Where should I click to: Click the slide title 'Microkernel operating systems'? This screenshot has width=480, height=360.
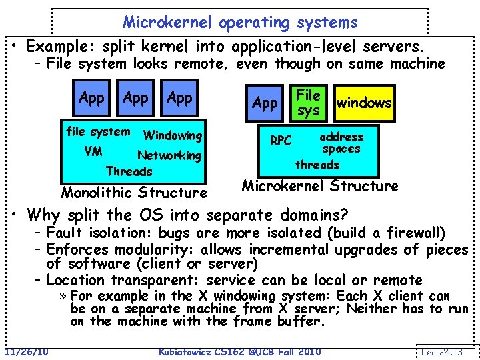point(241,22)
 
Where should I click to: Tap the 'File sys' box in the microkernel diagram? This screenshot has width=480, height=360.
point(308,102)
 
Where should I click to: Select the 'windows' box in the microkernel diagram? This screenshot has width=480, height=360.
point(364,103)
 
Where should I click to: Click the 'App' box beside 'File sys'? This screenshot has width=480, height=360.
point(265,103)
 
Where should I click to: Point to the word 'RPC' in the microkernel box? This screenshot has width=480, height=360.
point(281,141)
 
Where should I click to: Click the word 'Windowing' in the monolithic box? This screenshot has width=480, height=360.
point(173,135)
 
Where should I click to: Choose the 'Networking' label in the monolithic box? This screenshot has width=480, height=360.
point(169,155)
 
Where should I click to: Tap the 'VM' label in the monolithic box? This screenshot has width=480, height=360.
point(93,151)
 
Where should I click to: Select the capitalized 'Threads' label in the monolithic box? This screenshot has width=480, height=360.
point(129,171)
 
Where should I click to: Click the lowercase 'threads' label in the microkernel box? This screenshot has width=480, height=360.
point(317,165)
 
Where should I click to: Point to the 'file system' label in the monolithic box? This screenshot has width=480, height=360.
point(98,131)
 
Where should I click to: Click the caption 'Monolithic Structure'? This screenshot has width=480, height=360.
point(134,193)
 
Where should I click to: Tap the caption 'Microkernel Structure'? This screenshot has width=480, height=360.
point(320,186)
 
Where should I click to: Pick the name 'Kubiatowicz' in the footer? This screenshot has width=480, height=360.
point(188,351)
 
